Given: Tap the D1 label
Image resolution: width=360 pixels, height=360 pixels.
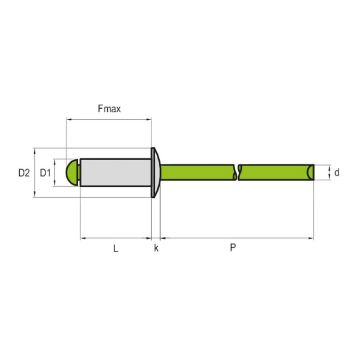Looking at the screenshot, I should pos(45,172).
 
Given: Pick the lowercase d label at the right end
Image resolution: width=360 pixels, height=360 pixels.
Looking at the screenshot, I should pos(337,172).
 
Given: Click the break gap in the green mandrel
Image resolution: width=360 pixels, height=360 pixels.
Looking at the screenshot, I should pos(237,172).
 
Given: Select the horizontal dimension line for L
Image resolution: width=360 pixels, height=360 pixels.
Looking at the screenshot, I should pos(116,238).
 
